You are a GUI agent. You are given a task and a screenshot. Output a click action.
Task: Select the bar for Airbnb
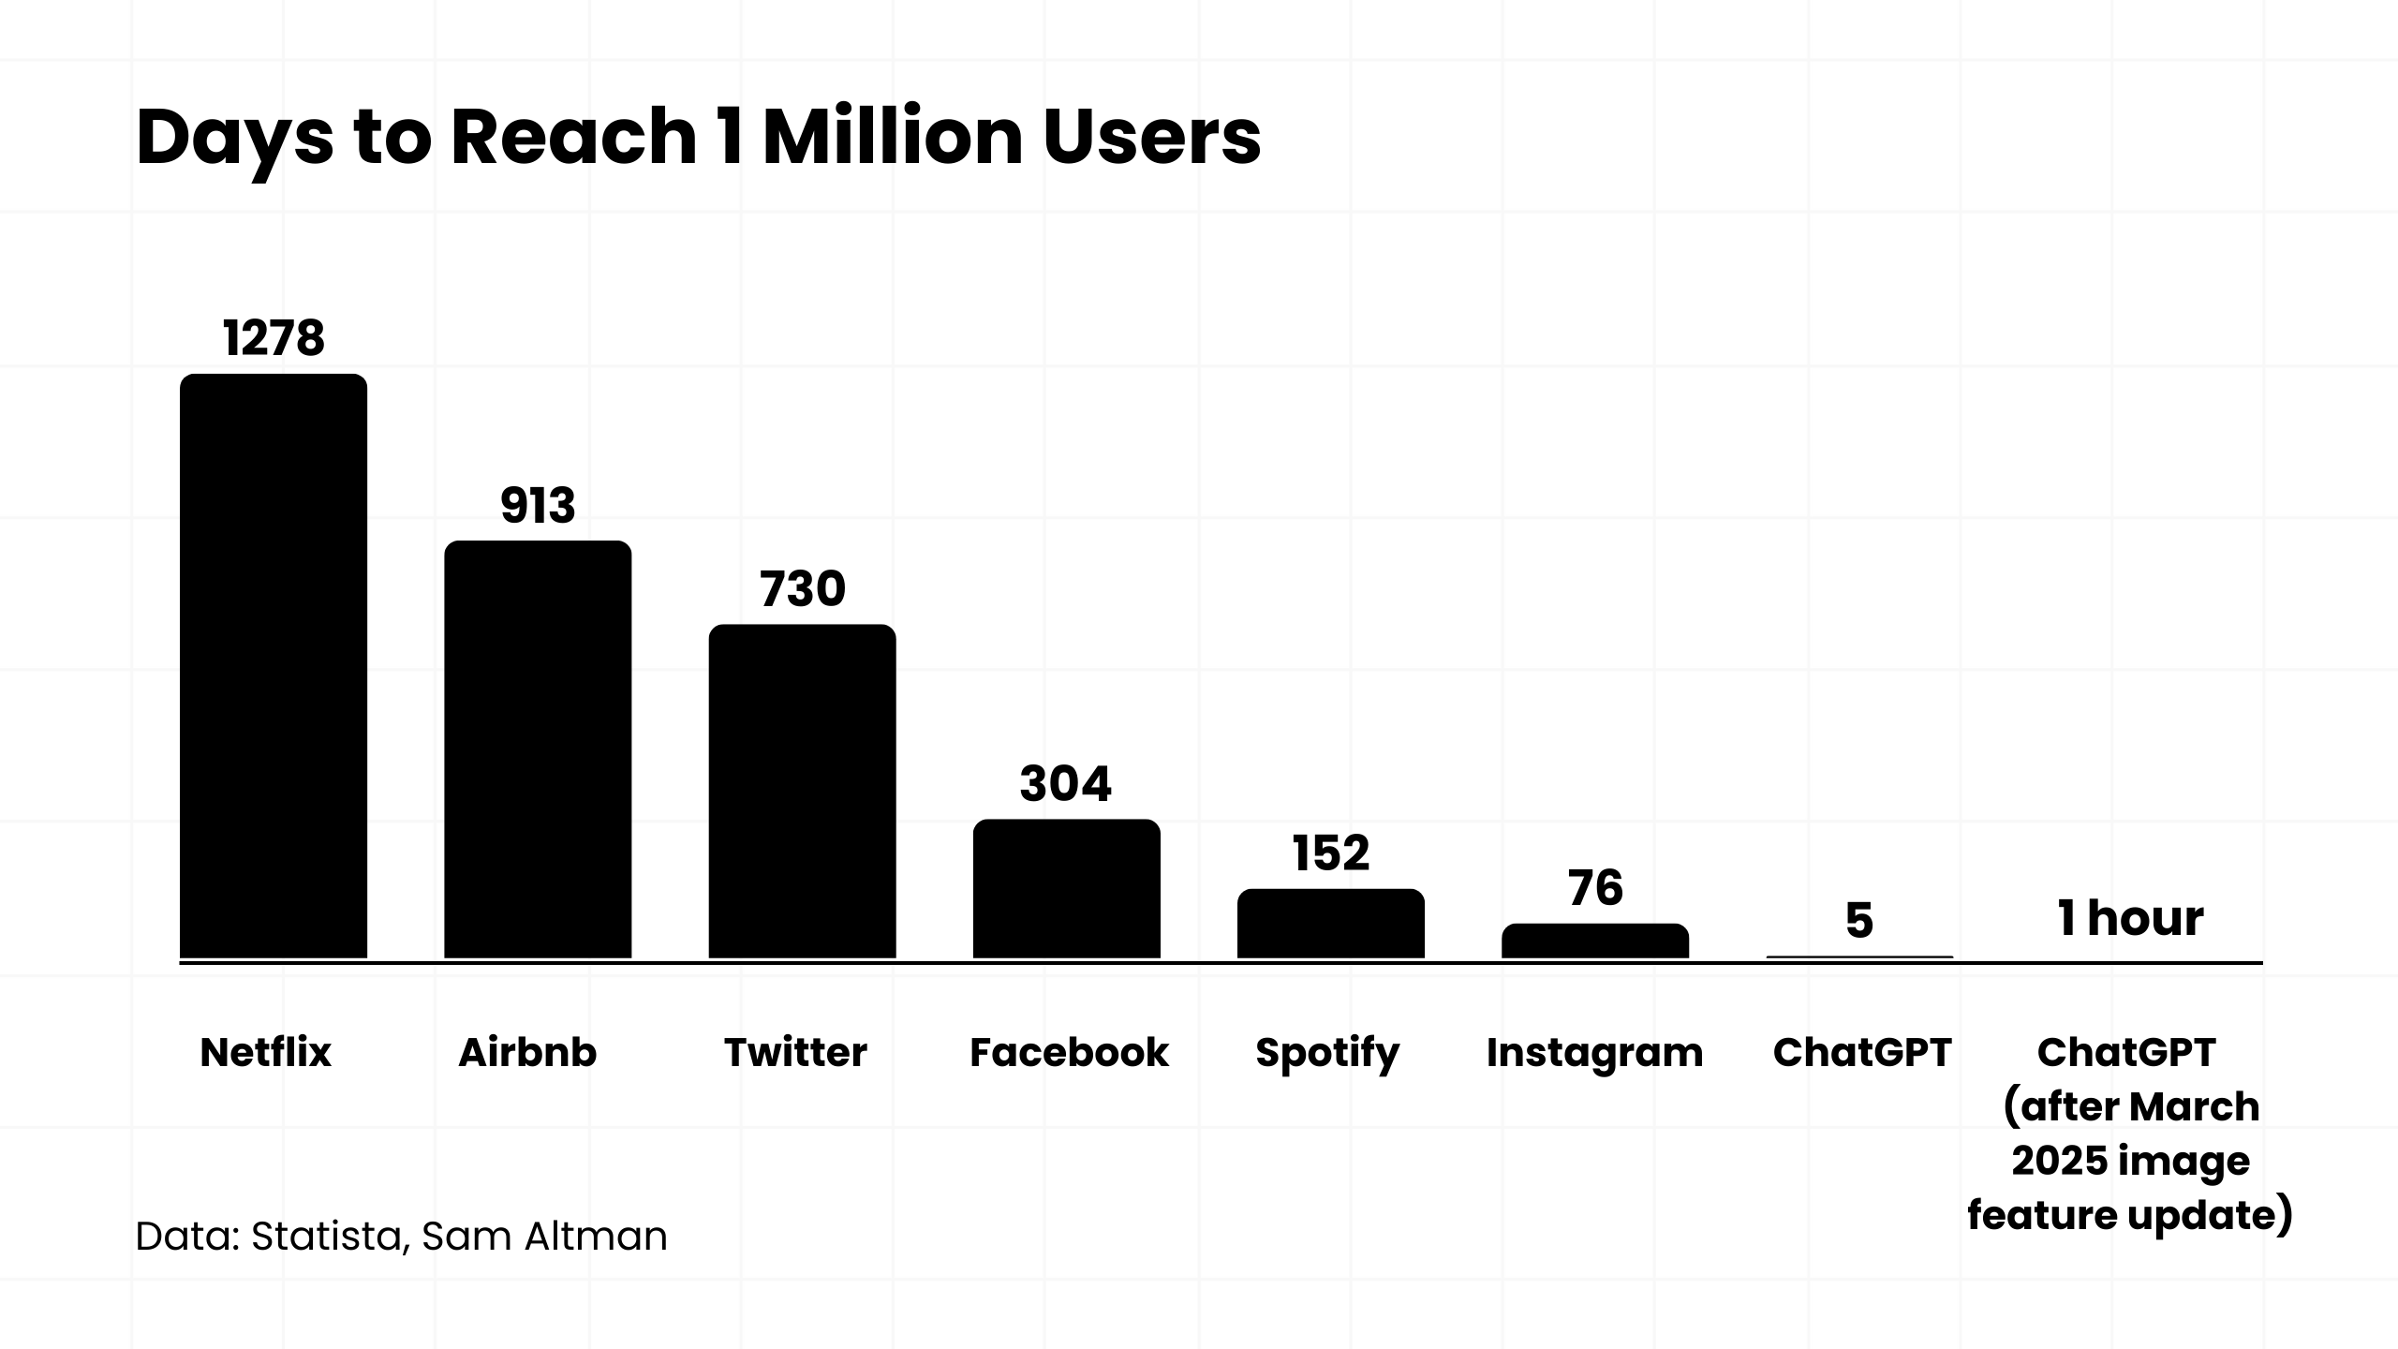538,749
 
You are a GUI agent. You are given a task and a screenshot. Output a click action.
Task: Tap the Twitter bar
802,792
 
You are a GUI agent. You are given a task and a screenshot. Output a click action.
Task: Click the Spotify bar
1330,924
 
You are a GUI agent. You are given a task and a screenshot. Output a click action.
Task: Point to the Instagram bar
1594,941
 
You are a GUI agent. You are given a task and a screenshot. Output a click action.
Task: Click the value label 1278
274,338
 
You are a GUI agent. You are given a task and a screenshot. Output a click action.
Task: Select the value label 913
538,506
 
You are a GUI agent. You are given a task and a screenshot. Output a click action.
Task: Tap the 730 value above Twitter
802,589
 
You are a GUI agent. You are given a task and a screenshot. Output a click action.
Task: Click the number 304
1066,784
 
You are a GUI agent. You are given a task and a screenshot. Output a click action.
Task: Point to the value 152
1330,853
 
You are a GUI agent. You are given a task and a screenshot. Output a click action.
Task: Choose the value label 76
1595,888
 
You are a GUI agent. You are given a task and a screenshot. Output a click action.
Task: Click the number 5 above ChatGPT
1859,921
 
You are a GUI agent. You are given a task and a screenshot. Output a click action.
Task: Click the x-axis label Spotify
1327,1054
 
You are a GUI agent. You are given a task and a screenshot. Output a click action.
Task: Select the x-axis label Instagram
1594,1054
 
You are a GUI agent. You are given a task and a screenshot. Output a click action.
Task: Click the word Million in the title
893,137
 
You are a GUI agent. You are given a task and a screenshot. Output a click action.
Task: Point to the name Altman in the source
596,1237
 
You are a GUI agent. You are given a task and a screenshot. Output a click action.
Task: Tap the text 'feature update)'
2130,1216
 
